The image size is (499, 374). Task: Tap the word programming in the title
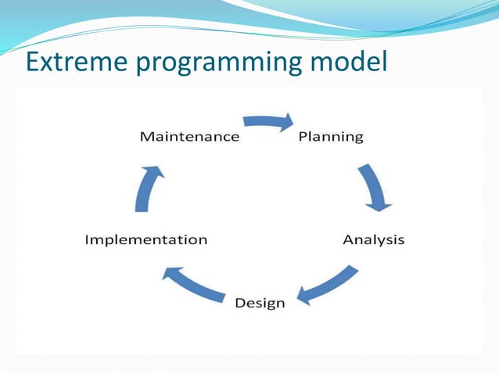coord(219,63)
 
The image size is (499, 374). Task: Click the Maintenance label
coord(190,137)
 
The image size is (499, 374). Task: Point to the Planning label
coord(331,137)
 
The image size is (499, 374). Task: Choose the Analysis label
coord(374,239)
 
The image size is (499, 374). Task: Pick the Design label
coord(260,303)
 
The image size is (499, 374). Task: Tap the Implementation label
coord(146,239)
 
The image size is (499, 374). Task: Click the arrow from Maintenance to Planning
coord(268,121)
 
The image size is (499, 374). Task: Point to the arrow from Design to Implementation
coord(193,284)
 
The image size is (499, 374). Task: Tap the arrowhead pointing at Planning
coord(286,122)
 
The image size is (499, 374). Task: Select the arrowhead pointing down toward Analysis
coord(379,207)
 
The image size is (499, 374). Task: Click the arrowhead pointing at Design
coord(303,296)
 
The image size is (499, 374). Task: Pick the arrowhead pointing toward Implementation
coord(172,273)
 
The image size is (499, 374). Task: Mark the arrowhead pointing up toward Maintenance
coord(153,171)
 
